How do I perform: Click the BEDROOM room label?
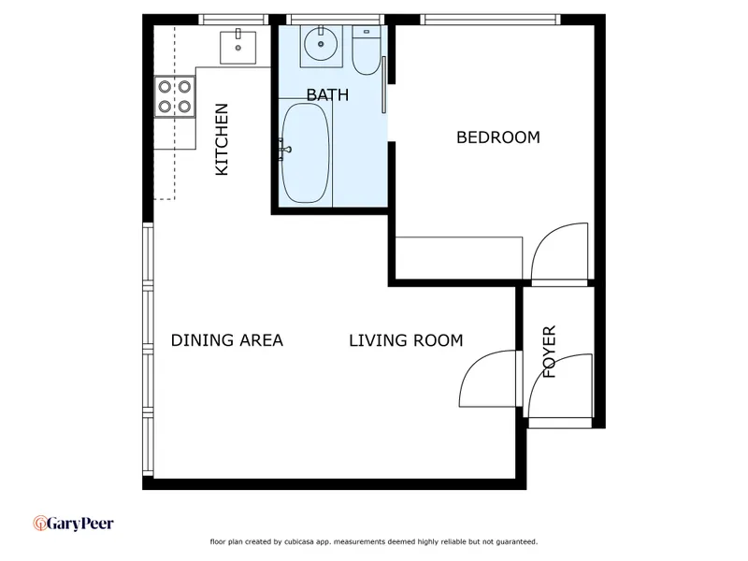498,137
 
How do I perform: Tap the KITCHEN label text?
222,139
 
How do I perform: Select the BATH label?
327,95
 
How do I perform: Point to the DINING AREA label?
227,340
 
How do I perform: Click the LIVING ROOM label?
406,340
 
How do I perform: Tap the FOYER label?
550,352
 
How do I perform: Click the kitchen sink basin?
238,48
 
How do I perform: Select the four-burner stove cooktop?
175,96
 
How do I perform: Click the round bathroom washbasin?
321,44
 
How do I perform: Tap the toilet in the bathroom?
367,50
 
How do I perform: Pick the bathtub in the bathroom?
306,153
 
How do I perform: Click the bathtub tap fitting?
284,150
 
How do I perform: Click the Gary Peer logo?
74,524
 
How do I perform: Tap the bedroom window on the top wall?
490,19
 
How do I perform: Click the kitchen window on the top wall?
234,19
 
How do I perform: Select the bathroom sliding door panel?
383,85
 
